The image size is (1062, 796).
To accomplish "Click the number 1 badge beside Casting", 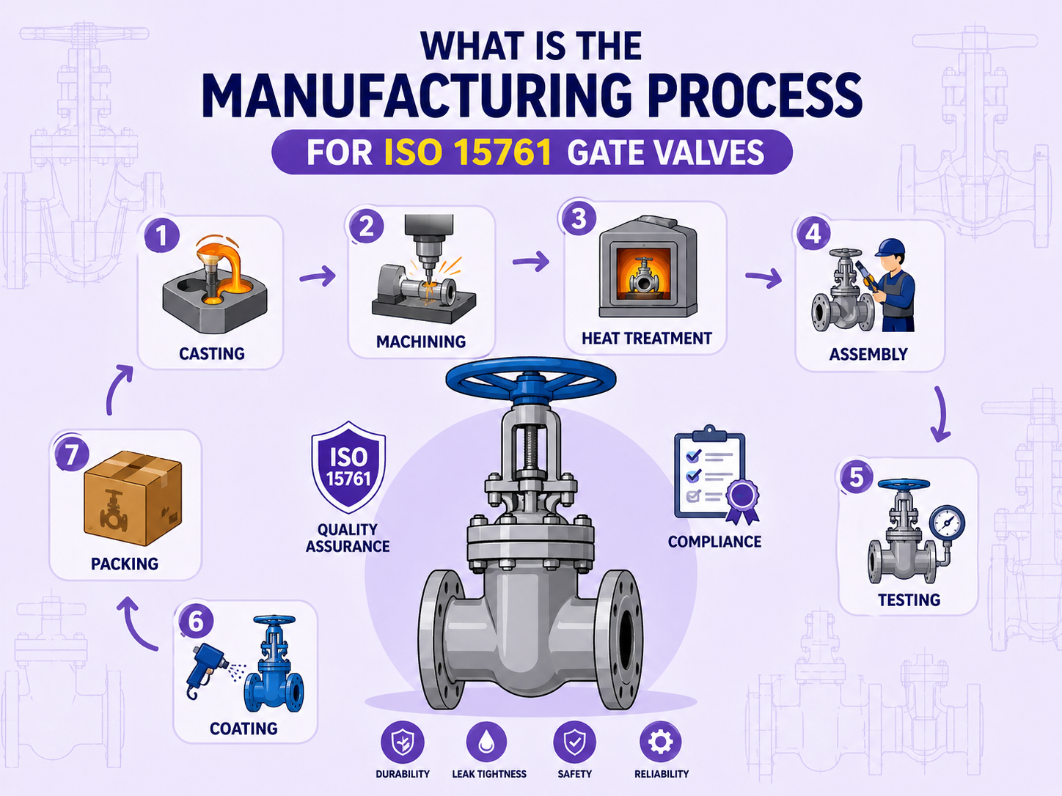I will (161, 236).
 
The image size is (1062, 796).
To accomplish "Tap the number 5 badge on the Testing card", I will (856, 478).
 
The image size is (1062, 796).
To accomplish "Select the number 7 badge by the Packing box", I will (71, 454).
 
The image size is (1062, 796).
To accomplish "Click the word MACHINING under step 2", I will (421, 342).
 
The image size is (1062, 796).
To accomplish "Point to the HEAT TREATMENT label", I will (646, 339).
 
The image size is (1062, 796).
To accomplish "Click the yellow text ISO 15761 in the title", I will (467, 152).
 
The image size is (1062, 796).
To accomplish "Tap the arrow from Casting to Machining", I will (318, 276).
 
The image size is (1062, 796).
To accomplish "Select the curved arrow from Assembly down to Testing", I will (940, 415).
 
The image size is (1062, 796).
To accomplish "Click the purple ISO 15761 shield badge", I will (348, 467).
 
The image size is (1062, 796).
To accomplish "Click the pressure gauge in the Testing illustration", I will (947, 523).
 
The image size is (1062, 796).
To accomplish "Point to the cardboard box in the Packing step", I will (133, 498).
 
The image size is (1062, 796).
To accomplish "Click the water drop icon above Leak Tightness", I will (487, 742).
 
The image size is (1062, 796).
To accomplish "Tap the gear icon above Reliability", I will (660, 742).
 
